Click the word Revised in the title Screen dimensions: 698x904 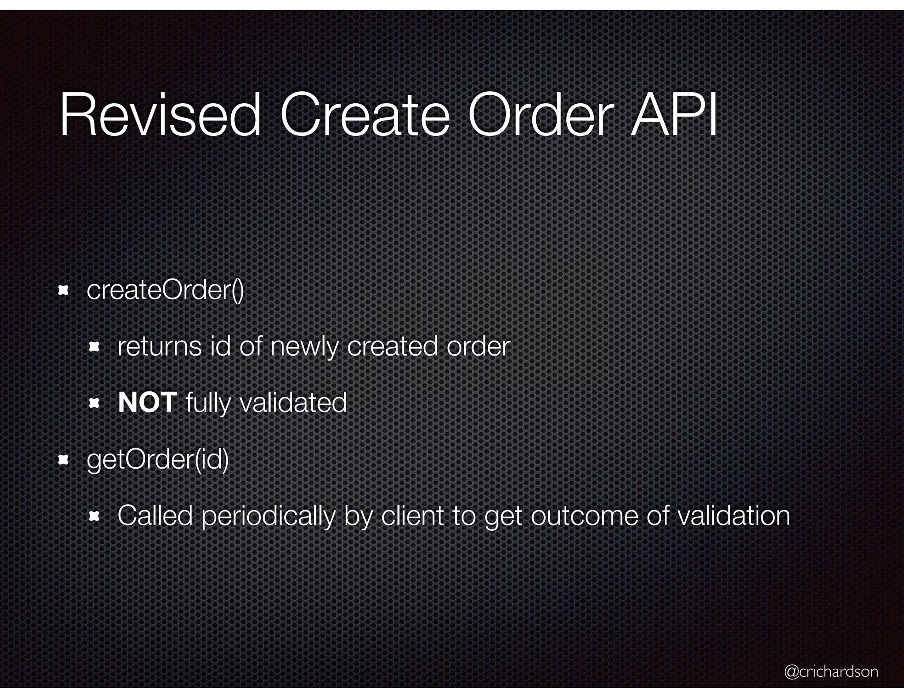click(x=160, y=116)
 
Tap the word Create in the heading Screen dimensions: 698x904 click(x=365, y=116)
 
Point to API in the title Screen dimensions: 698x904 click(x=674, y=116)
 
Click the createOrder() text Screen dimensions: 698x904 click(x=165, y=290)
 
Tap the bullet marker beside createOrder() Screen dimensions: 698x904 click(x=64, y=290)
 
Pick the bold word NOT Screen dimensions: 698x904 click(x=147, y=402)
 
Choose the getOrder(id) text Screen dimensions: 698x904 click(x=158, y=460)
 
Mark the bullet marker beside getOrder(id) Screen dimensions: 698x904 click(x=64, y=461)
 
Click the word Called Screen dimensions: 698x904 click(x=155, y=516)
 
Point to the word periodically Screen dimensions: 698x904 click(x=268, y=517)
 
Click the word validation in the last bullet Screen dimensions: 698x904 click(x=733, y=516)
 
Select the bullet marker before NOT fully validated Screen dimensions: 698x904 click(x=94, y=403)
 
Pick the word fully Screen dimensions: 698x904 click(x=208, y=403)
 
